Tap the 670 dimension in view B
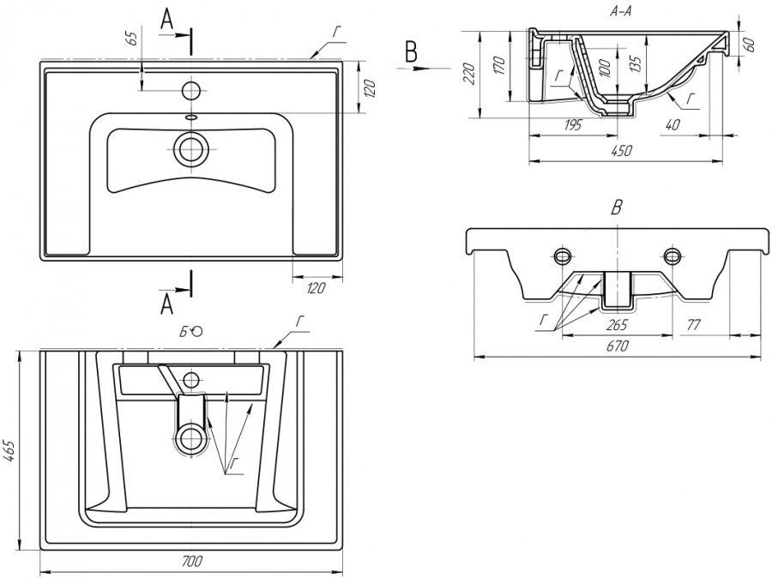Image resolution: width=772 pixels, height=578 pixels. (x=618, y=346)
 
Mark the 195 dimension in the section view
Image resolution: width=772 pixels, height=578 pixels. (x=573, y=125)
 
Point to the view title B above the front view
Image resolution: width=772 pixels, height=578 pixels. (x=616, y=207)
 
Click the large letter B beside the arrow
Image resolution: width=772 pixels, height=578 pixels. (x=412, y=52)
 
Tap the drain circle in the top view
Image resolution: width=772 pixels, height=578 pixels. (x=190, y=149)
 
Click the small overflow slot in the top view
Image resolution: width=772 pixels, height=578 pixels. (x=190, y=117)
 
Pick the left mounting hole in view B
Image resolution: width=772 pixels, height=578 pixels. (x=563, y=256)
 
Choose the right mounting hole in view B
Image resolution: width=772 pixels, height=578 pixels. (x=672, y=256)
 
